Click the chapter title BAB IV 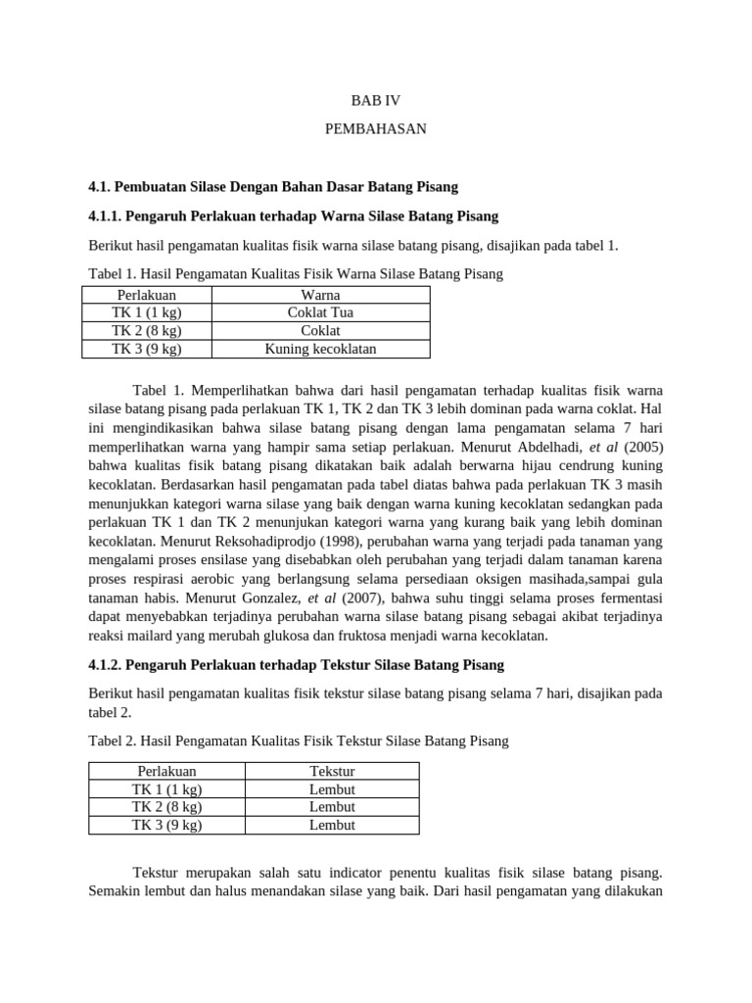tap(376, 101)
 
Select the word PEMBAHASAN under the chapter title tap(376, 129)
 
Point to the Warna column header tap(320, 295)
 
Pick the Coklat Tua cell tap(320, 312)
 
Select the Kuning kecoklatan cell tap(320, 349)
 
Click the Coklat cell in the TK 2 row tap(320, 331)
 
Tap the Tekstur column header tap(332, 772)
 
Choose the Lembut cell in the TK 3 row tap(332, 825)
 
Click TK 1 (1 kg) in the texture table tap(166, 789)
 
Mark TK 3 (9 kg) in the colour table tap(147, 349)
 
